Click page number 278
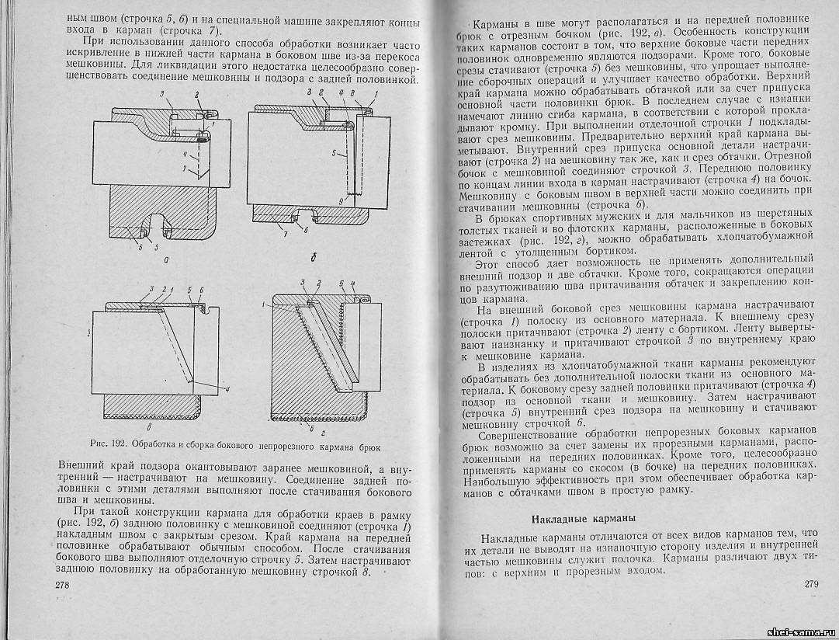coord(63,584)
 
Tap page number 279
coord(811,584)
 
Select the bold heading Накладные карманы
coord(584,519)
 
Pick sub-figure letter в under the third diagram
coord(149,428)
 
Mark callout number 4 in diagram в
coord(227,389)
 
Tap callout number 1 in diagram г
coord(264,304)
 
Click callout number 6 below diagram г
coord(311,428)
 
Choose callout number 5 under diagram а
coord(157,248)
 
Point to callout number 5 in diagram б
coord(334,153)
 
